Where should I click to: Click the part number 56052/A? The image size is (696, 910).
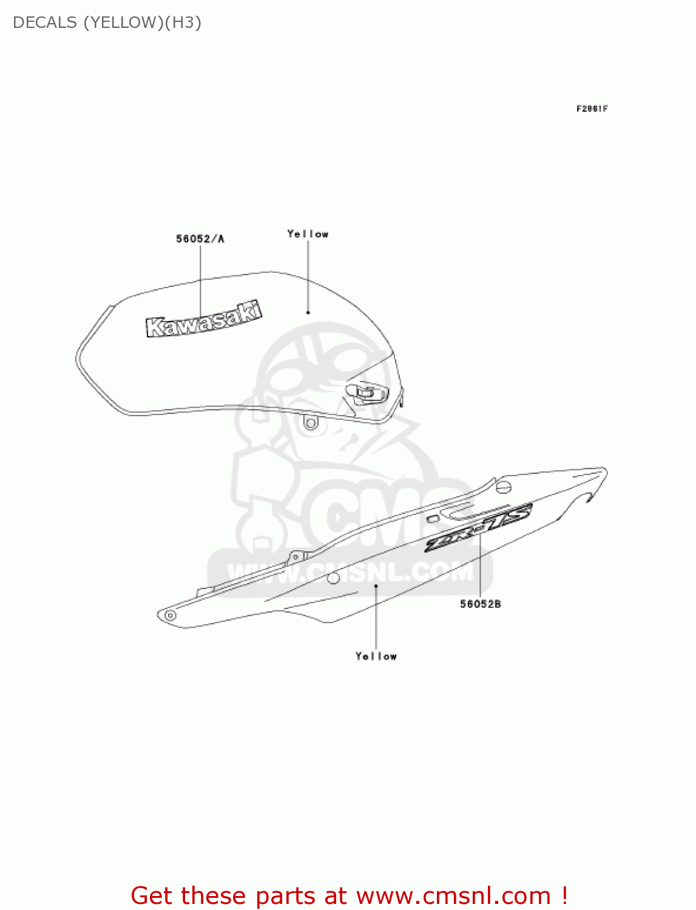click(x=200, y=239)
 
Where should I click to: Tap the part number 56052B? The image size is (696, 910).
click(x=480, y=604)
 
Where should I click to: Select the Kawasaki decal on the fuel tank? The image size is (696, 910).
click(x=203, y=319)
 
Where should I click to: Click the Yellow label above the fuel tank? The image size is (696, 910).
click(x=308, y=234)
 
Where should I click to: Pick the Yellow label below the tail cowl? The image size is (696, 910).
click(x=376, y=656)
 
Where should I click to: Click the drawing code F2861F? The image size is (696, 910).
click(x=592, y=109)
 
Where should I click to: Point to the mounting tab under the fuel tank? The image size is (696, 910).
click(x=311, y=422)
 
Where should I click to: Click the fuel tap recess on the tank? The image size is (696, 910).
click(x=367, y=392)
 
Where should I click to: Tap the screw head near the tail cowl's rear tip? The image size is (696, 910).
click(x=504, y=487)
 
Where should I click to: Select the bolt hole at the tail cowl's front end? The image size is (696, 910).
click(x=171, y=616)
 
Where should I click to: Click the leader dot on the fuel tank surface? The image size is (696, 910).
click(x=308, y=312)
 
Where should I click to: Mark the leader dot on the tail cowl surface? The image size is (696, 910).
click(x=376, y=586)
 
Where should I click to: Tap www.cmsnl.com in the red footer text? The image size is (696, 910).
click(x=453, y=896)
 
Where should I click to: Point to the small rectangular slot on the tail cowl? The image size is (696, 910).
click(x=433, y=519)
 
